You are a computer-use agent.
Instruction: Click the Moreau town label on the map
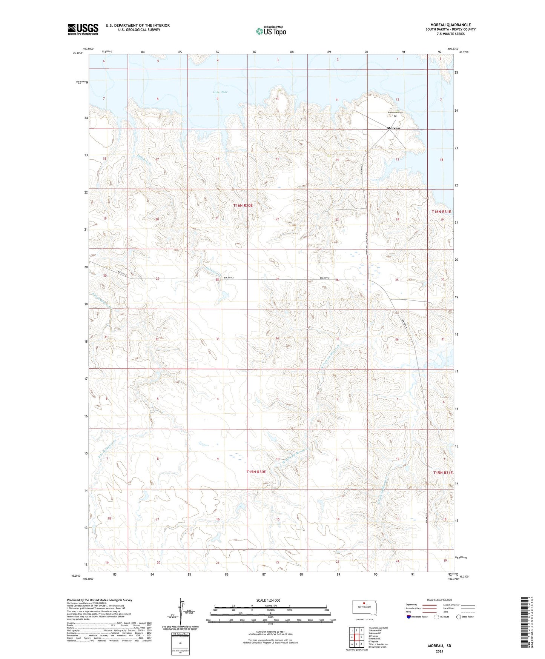pos(393,128)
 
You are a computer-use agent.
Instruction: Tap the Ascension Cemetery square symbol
pos(395,116)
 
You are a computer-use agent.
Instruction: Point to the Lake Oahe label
pos(220,92)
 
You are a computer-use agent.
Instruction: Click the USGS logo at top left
pos(83,29)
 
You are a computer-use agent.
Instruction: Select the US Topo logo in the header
pos(271,31)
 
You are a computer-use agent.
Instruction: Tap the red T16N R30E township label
pos(243,205)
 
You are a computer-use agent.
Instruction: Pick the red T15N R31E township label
pos(443,473)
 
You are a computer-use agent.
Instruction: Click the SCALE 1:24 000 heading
pos(268,600)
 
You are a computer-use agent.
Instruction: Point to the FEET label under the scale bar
pos(270,634)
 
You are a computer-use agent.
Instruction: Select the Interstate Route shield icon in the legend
pos(409,617)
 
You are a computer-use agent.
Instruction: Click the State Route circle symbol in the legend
pos(459,617)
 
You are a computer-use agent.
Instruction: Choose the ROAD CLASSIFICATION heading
pos(439,600)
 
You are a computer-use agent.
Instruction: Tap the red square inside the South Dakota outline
pos(364,602)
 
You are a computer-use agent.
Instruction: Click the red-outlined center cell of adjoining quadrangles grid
pos(356,637)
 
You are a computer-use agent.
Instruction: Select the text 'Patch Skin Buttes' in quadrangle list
pos(379,644)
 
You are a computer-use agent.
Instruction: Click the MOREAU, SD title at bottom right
pos(439,646)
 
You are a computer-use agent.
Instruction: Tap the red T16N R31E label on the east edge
pos(441,212)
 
